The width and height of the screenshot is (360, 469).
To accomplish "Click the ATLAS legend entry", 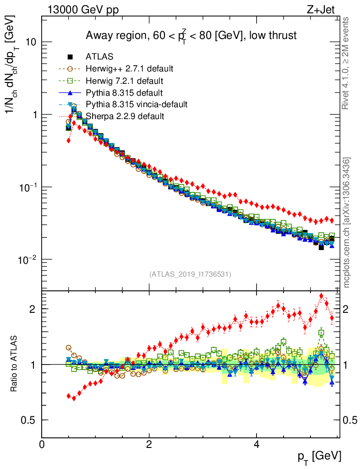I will pyautogui.click(x=99, y=57).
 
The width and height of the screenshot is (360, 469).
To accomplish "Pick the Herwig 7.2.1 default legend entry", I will pyautogui.click(x=124, y=81).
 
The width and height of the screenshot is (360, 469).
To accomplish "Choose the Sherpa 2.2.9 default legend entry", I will pyautogui.click(x=125, y=116).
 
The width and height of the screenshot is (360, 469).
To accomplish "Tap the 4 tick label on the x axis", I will pyautogui.click(x=256, y=444).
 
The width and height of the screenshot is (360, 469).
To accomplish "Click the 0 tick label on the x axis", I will pyautogui.click(x=42, y=444).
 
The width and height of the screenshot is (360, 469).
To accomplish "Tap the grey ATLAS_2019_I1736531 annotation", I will pyautogui.click(x=190, y=274).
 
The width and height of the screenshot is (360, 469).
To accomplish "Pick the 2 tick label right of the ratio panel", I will pyautogui.click(x=349, y=309).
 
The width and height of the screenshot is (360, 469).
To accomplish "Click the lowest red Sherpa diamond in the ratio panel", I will pyautogui.click(x=74, y=398).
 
